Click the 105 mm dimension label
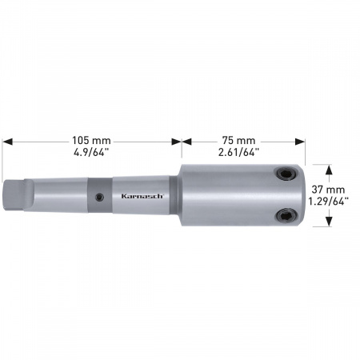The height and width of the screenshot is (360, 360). point(91,140)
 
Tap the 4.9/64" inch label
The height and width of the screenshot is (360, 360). point(91,152)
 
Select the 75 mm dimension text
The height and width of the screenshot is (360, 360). point(238,140)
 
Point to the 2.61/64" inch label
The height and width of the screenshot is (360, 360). point(238,152)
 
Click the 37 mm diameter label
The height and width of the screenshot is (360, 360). point(328,190)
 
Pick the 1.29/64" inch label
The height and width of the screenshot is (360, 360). point(328,202)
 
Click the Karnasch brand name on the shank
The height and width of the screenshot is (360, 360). point(142,196)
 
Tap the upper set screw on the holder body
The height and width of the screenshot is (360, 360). point(286,174)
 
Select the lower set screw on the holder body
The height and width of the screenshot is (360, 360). point(286,215)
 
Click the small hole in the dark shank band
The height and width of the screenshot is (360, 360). point(100,198)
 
